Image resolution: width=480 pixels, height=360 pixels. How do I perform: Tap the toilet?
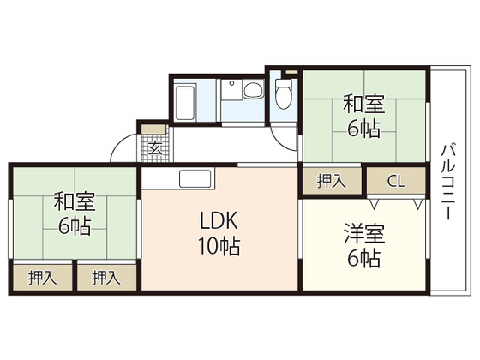pyautogui.click(x=284, y=95)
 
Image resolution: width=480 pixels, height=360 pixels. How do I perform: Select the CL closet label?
pyautogui.click(x=396, y=181)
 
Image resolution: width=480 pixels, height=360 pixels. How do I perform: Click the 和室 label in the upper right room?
pyautogui.click(x=365, y=105)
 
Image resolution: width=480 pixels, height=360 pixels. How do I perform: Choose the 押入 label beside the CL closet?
pyautogui.click(x=331, y=181)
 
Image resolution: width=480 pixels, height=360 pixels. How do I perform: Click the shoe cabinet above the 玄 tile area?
pyautogui.click(x=154, y=129)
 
